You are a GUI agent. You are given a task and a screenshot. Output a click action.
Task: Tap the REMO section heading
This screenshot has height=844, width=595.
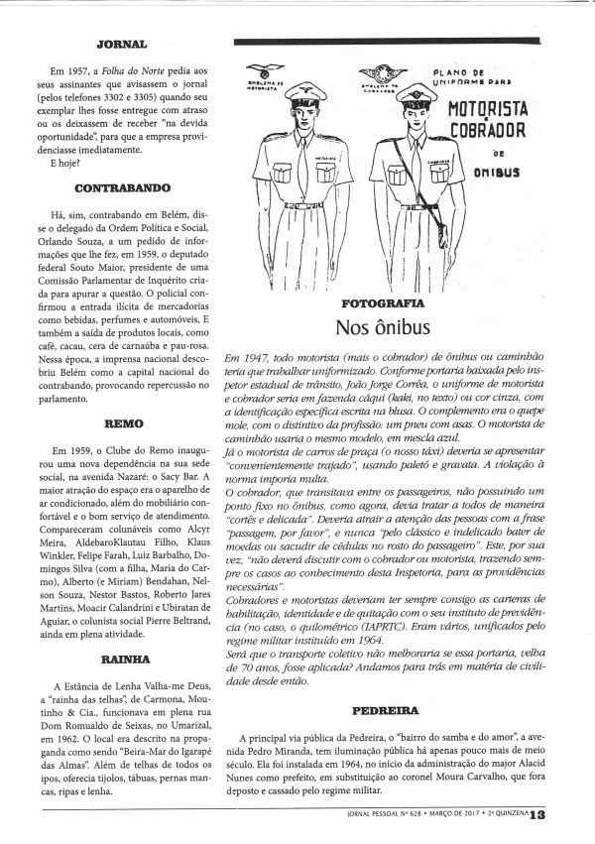click(124, 421)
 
